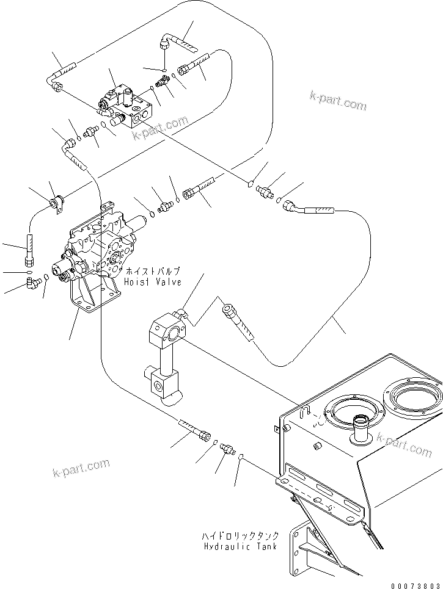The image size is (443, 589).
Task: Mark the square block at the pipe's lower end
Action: (164, 383)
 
